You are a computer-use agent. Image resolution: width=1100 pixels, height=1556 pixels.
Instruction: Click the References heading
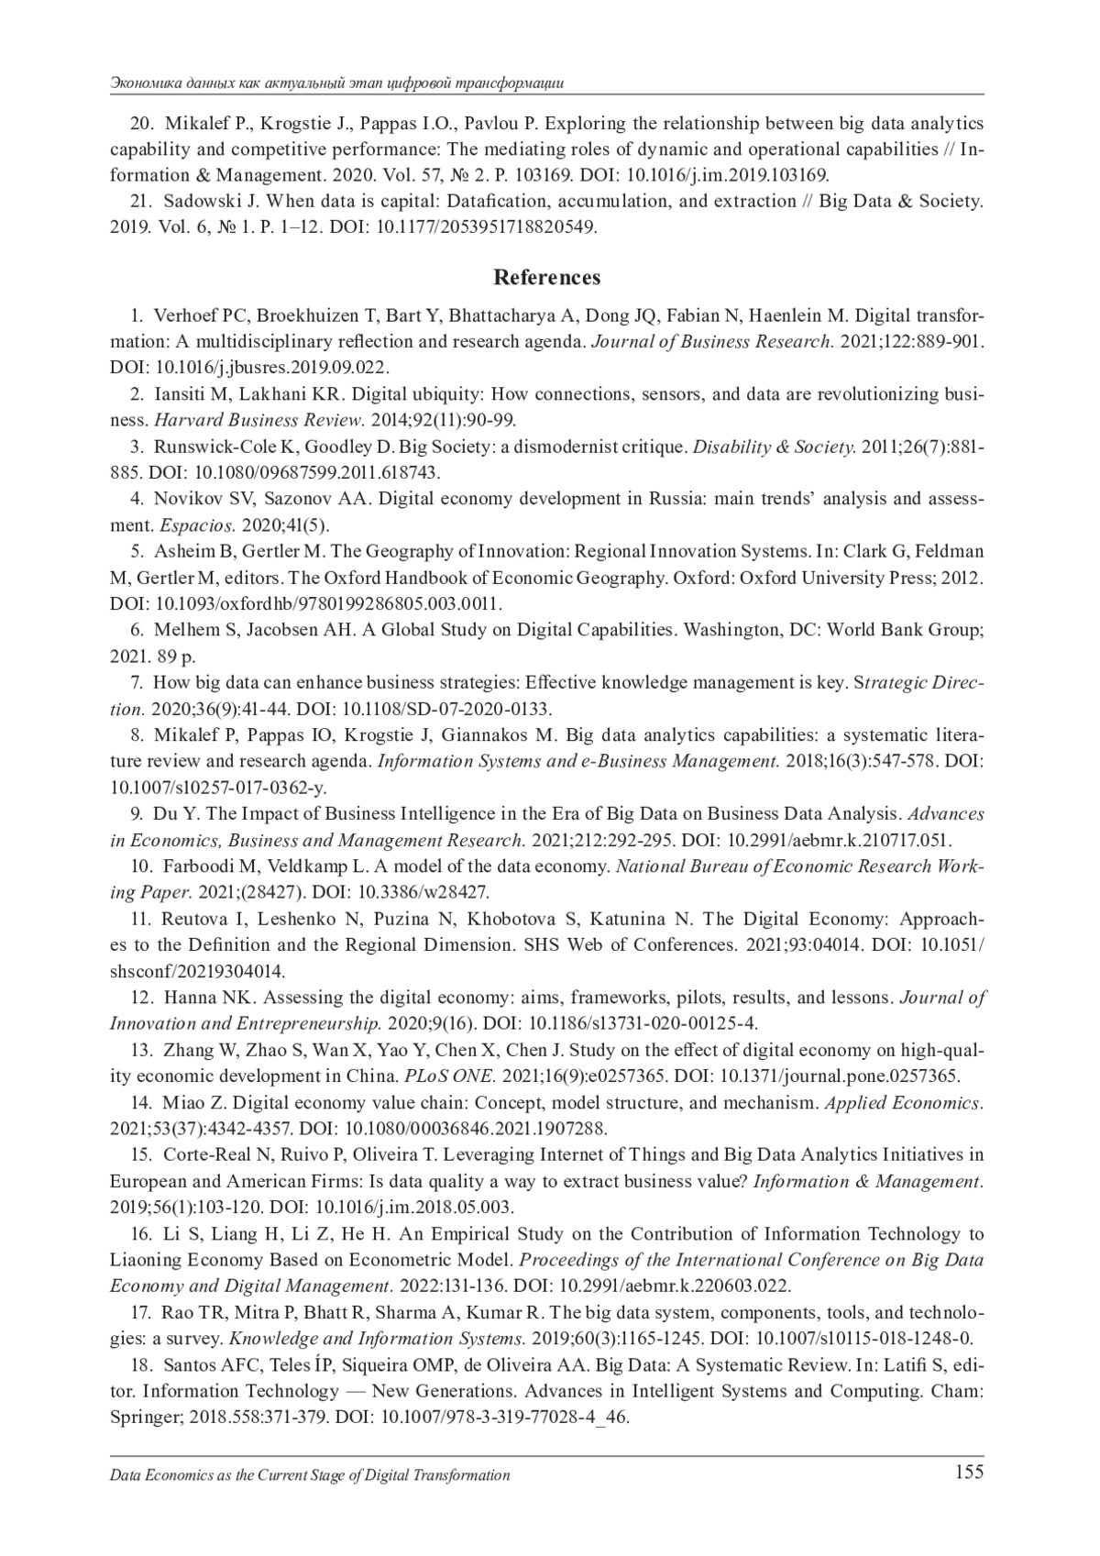pos(547,277)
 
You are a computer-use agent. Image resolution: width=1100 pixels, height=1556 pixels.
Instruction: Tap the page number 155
pos(968,1473)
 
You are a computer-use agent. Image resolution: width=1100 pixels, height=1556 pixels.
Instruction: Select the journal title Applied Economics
pos(903,1102)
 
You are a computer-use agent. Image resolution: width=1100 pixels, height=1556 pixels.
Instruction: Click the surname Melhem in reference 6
pos(183,630)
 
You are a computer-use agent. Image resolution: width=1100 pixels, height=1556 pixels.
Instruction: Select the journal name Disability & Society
pos(774,447)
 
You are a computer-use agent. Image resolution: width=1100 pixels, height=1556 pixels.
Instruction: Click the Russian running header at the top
pos(335,83)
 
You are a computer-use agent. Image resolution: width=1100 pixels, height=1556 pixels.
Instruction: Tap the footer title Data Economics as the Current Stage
pos(310,1475)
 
